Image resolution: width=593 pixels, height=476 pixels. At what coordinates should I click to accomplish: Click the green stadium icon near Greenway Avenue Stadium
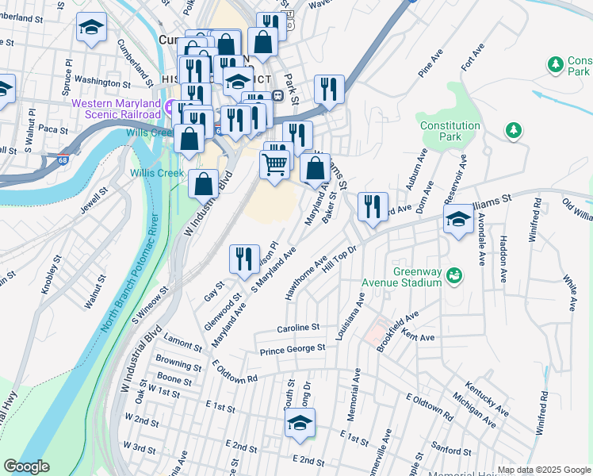pyautogui.click(x=454, y=275)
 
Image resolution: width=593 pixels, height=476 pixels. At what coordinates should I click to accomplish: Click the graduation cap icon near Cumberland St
pyautogui.click(x=91, y=28)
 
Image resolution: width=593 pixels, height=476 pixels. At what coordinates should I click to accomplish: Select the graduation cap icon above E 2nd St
pyautogui.click(x=300, y=423)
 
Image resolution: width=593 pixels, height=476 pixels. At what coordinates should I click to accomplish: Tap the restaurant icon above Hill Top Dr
pyautogui.click(x=372, y=207)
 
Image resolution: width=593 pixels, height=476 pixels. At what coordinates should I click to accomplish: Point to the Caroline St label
pyautogui.click(x=297, y=327)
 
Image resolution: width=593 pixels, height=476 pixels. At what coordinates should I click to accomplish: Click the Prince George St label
pyautogui.click(x=293, y=348)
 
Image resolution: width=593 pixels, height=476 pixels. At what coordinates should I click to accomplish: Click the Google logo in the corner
pyautogui.click(x=27, y=466)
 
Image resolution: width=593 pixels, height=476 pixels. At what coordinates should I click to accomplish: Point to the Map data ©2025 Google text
pyautogui.click(x=543, y=470)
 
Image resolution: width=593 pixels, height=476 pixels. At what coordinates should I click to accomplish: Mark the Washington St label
pyautogui.click(x=104, y=81)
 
